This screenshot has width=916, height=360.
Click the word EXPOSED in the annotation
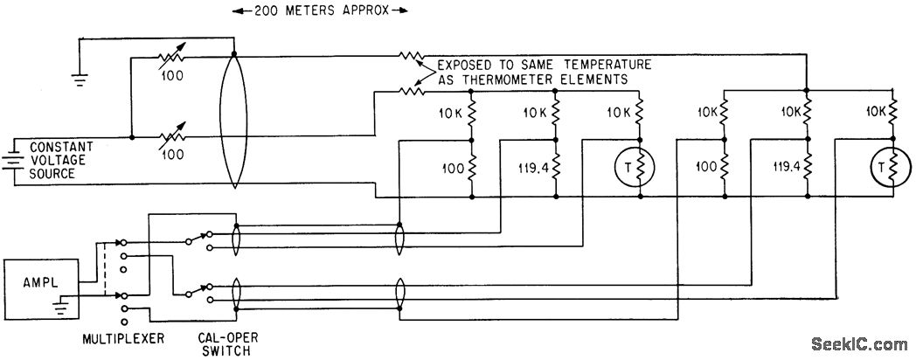468,64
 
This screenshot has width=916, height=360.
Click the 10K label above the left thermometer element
621,113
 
